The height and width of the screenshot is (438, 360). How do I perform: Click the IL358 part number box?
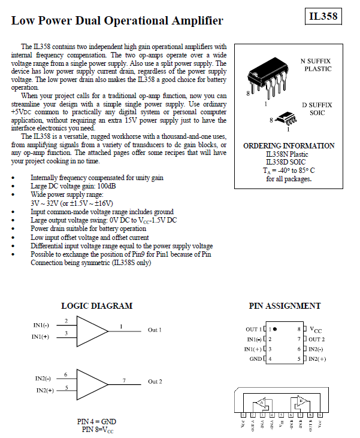click(323, 16)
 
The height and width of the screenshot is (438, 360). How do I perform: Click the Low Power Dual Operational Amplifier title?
click(117, 20)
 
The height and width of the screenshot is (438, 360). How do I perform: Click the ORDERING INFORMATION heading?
click(289, 146)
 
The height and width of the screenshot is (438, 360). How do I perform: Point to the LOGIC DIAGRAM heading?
click(96, 306)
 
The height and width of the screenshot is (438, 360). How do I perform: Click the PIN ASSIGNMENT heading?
click(285, 306)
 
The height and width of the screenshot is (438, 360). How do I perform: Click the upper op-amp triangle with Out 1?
click(93, 330)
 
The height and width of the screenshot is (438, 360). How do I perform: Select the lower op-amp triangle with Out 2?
click(93, 381)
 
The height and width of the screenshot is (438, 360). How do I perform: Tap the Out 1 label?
click(155, 330)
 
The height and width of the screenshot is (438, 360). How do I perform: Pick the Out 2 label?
click(155, 382)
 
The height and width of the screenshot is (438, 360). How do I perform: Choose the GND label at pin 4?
click(255, 359)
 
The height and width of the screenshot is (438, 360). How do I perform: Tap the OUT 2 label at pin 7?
click(317, 339)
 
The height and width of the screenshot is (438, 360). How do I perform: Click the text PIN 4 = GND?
click(96, 421)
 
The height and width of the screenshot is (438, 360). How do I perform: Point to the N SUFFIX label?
click(316, 61)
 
